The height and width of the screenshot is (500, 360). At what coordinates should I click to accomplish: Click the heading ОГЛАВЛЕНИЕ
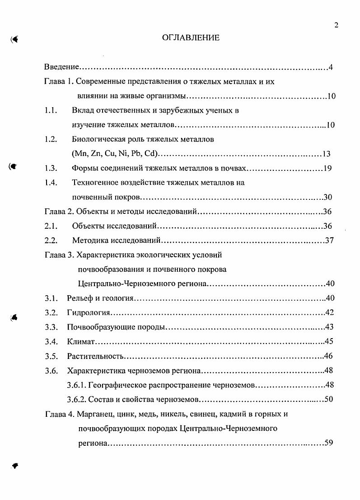point(191,38)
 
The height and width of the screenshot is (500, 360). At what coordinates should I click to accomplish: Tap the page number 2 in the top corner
point(336,25)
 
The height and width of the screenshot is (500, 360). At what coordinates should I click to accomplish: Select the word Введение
point(62,67)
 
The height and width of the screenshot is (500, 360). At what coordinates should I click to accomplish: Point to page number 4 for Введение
point(331,68)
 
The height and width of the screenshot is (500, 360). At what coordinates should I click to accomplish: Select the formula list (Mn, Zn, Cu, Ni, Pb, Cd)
point(114,153)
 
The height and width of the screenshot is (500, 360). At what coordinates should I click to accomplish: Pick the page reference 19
point(328,169)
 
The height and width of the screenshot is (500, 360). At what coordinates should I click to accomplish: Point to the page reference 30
point(328,197)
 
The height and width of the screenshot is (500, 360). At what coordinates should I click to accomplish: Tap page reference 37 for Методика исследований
point(329,241)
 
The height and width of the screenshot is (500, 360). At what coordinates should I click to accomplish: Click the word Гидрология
point(89,313)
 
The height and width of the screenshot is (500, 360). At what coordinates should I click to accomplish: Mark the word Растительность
point(95,356)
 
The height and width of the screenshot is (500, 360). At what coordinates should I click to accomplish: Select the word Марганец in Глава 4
point(95,414)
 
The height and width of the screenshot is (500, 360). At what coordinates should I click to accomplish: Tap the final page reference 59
point(328,443)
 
